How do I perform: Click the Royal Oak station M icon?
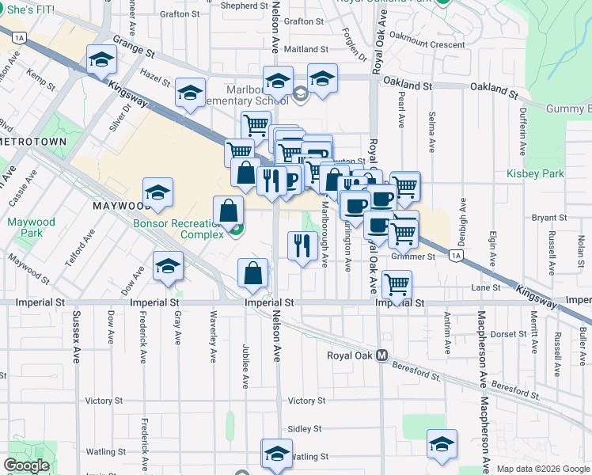click(x=381, y=355)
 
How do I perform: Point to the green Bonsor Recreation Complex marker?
click(x=235, y=230)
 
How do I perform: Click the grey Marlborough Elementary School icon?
click(x=300, y=96)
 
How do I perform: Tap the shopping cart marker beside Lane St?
click(x=396, y=283)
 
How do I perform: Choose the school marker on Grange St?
click(x=102, y=59)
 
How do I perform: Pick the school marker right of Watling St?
click(x=442, y=443)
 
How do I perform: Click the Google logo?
click(x=26, y=465)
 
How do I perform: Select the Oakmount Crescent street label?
click(x=427, y=45)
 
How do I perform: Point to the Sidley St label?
click(x=305, y=428)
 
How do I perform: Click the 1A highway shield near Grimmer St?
click(x=454, y=255)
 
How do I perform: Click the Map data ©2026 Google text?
click(x=543, y=469)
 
